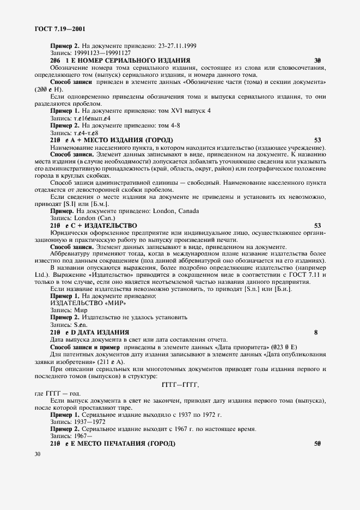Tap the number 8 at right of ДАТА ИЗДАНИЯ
pos(316,332)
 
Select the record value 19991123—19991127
pos(100,53)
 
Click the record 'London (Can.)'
pos(91,218)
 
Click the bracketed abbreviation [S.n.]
pos(248,289)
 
